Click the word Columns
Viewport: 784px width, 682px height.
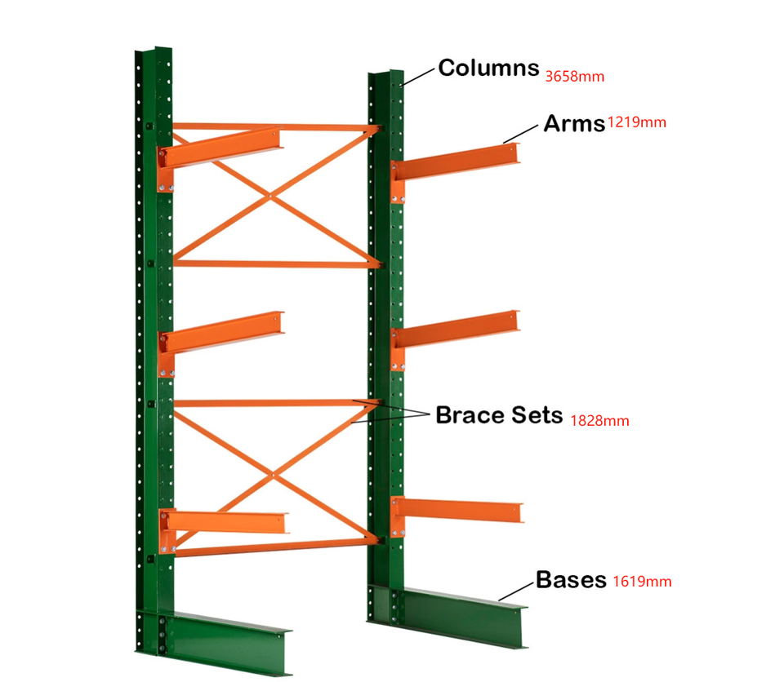click(x=488, y=68)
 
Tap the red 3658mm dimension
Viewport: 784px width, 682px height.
click(x=574, y=77)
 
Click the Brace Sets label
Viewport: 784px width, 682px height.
click(x=499, y=414)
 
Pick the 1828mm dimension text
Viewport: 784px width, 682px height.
click(x=599, y=420)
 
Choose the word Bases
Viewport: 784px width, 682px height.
click(x=571, y=580)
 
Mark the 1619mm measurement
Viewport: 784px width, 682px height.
click(x=642, y=582)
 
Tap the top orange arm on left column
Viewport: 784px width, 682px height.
click(x=220, y=146)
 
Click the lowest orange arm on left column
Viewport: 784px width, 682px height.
click(x=225, y=521)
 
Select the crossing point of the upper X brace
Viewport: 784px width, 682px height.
click(x=270, y=196)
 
